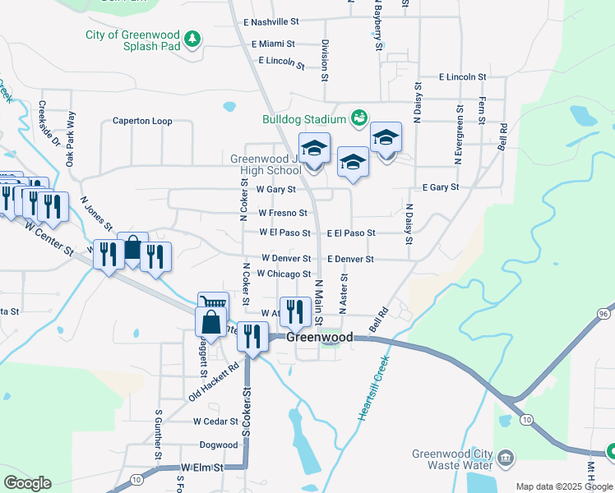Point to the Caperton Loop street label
click(142, 121)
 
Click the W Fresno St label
click(283, 213)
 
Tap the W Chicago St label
click(284, 274)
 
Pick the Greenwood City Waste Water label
click(453, 460)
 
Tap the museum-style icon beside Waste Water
click(506, 456)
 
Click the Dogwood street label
click(218, 445)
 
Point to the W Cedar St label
click(215, 421)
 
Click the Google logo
click(27, 483)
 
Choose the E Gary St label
click(440, 187)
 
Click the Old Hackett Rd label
click(213, 382)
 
